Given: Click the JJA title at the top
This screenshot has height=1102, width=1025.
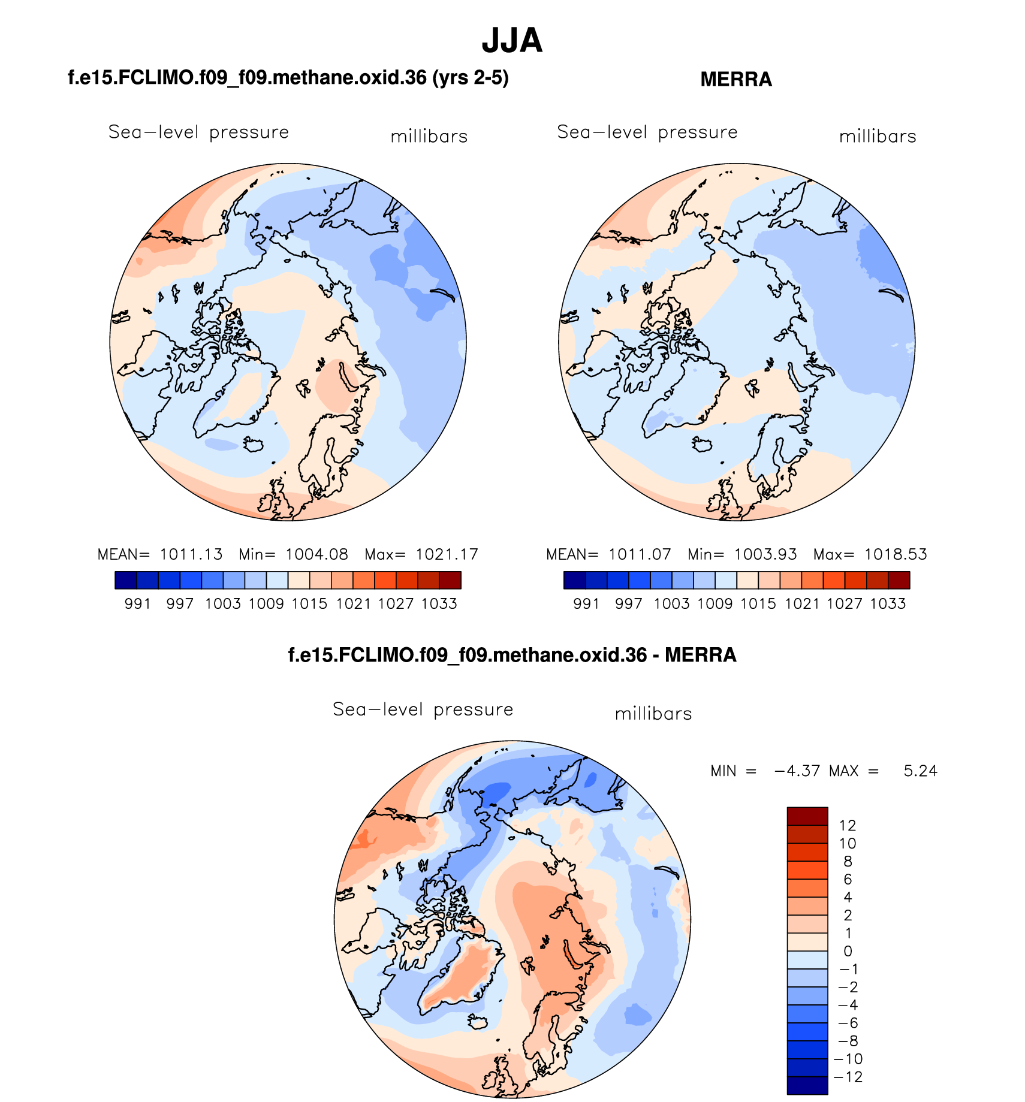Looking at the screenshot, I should [512, 41].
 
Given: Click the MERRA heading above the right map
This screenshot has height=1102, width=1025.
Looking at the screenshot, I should [735, 80].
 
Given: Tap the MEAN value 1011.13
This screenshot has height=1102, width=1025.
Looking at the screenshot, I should [191, 554].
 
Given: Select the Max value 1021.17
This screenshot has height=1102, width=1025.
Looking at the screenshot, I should [447, 554].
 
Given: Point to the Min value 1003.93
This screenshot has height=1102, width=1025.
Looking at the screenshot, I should [765, 554].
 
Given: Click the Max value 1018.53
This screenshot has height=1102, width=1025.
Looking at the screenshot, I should [895, 554].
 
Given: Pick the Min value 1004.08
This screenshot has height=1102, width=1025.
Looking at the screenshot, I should [316, 554].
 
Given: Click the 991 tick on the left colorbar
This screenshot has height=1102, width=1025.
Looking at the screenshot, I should [137, 603].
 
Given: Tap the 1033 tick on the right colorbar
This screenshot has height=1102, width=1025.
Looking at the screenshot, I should [888, 603].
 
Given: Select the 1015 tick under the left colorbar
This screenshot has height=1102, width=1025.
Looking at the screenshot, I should [309, 603].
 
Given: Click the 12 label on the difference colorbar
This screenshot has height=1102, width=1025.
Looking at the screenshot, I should [847, 825].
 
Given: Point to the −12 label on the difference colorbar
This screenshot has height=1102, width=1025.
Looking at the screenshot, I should [847, 1077].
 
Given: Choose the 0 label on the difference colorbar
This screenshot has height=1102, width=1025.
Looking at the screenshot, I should [847, 951].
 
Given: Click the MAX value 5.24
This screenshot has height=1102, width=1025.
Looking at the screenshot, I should [920, 771].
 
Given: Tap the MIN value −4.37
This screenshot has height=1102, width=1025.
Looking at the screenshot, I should [797, 771].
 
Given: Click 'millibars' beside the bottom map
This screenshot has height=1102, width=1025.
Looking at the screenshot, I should [653, 714].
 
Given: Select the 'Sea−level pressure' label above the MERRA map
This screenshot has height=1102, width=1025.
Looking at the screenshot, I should [647, 132].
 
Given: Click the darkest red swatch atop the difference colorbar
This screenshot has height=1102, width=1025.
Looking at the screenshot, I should [807, 816].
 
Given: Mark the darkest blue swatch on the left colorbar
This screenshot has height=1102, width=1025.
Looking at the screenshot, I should [126, 580].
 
